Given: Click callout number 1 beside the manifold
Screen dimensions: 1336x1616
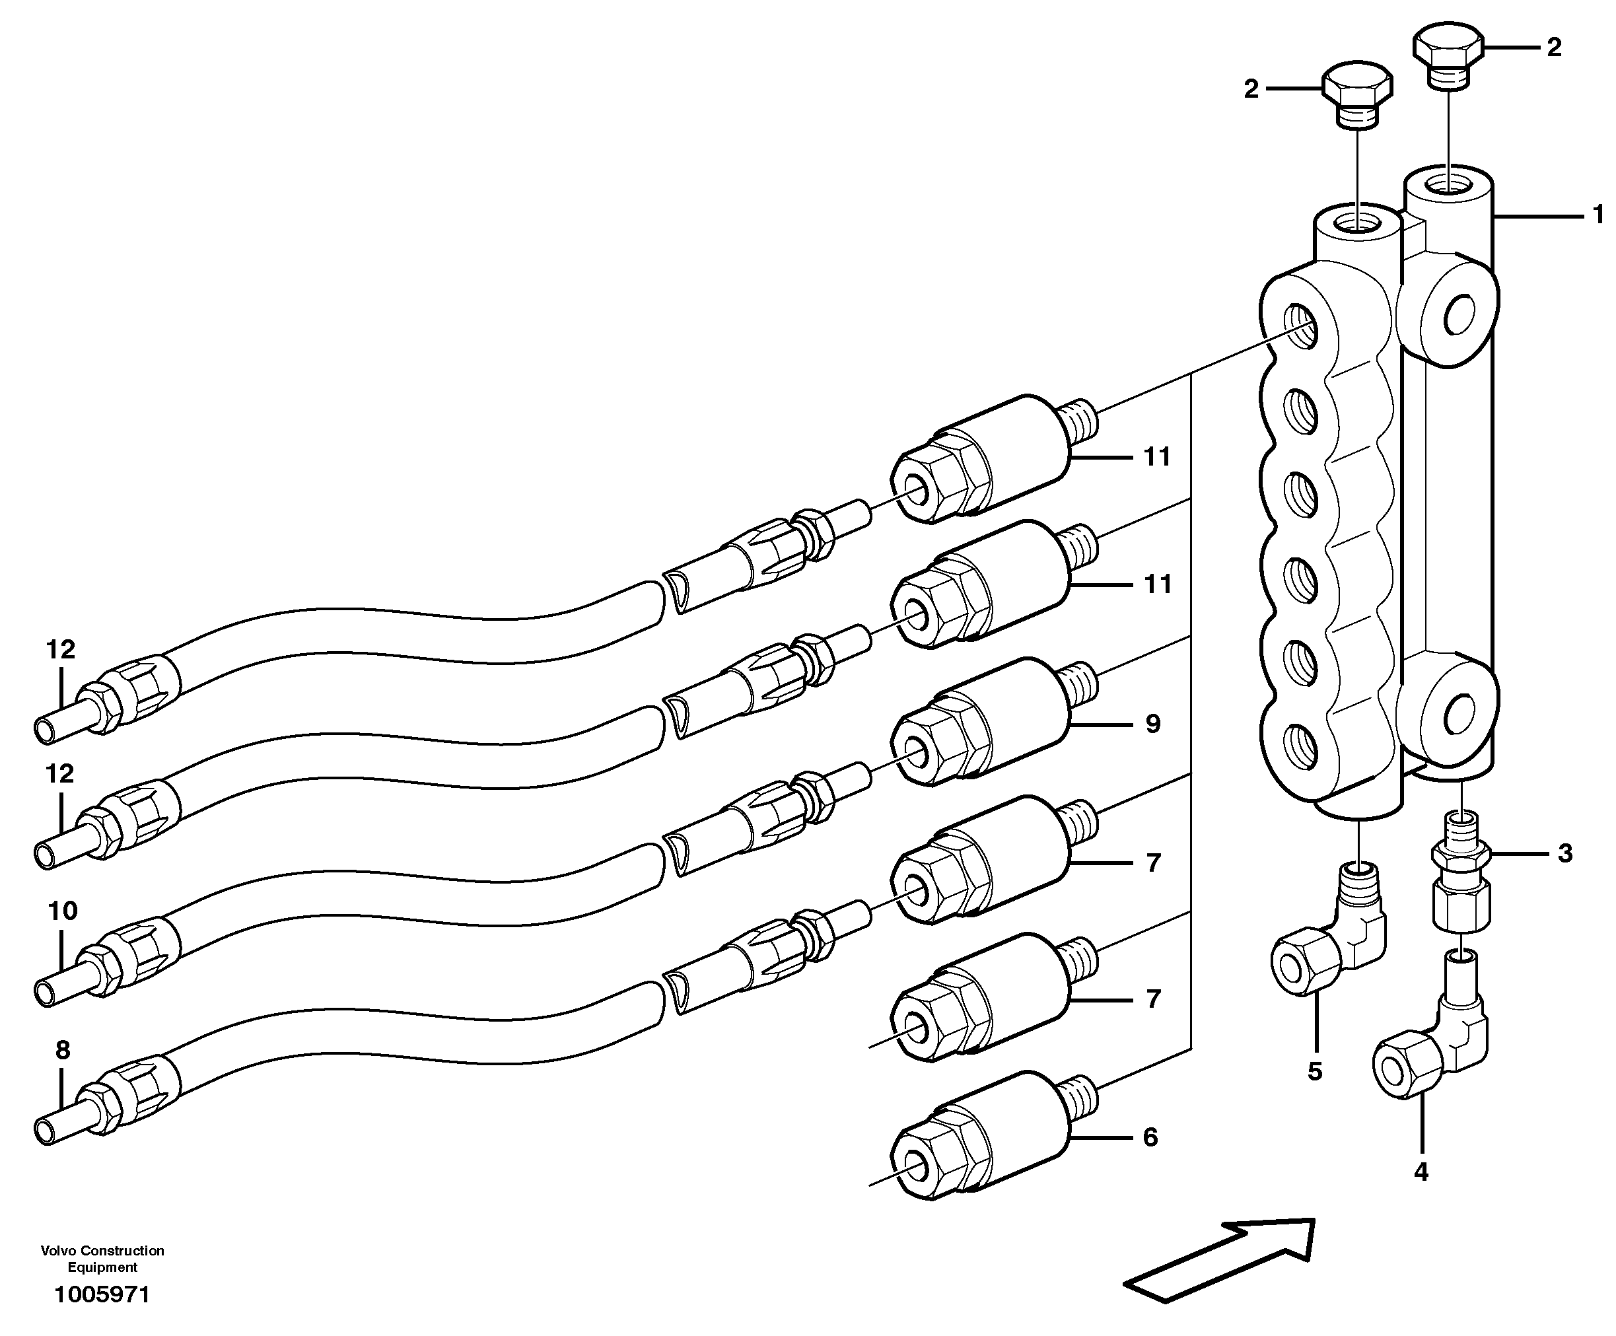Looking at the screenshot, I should pyautogui.click(x=1598, y=215).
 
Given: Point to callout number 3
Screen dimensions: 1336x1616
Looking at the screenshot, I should pyautogui.click(x=1564, y=853).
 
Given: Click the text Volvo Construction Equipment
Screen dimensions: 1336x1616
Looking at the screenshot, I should pyautogui.click(x=102, y=1259).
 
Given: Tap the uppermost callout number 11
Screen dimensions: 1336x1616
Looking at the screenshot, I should pyautogui.click(x=1156, y=457).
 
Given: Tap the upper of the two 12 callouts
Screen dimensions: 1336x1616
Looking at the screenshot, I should pyautogui.click(x=61, y=650).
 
